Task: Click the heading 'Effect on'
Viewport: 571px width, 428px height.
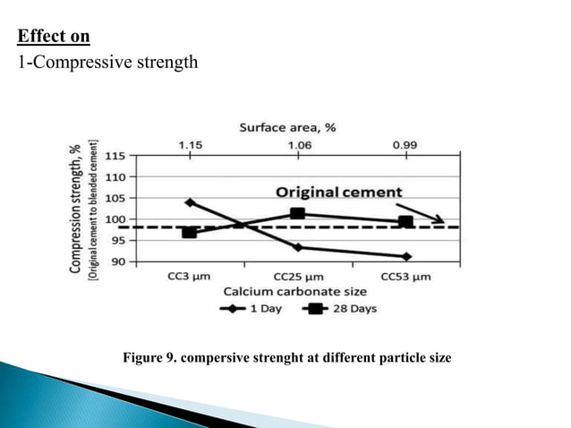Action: click(54, 36)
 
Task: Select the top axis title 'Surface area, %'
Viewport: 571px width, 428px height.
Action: click(286, 128)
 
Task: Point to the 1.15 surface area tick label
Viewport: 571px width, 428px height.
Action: click(189, 144)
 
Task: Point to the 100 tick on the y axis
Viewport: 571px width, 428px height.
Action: click(115, 219)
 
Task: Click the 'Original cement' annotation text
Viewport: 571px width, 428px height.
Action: click(338, 193)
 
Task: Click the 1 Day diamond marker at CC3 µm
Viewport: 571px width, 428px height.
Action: click(190, 202)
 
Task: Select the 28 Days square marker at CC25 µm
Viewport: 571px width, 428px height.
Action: click(297, 213)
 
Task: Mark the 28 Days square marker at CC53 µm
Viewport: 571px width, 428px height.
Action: click(405, 222)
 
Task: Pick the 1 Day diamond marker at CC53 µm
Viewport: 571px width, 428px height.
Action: click(406, 257)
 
